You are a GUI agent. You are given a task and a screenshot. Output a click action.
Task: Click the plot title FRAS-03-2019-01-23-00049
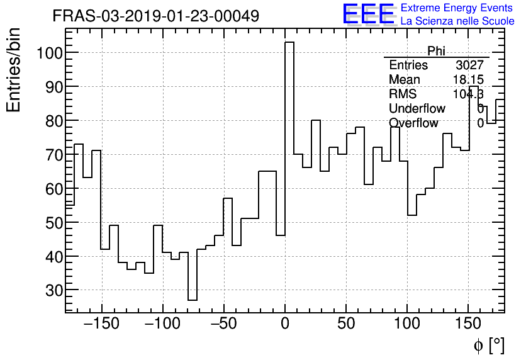(x=155, y=16)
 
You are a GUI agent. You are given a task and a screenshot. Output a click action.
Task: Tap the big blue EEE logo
(x=368, y=14)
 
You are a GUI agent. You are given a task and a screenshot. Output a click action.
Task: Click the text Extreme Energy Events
(x=457, y=8)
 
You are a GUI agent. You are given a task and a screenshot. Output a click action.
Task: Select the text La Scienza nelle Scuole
(x=457, y=21)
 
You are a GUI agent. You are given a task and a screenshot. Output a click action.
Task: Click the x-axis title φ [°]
(x=488, y=345)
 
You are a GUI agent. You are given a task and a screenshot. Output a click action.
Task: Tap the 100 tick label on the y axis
(x=49, y=53)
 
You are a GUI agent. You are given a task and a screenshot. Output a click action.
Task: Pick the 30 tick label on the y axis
(x=54, y=291)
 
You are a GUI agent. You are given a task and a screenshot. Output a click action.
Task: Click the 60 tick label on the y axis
(x=54, y=189)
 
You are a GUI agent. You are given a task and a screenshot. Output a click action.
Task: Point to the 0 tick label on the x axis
(x=285, y=325)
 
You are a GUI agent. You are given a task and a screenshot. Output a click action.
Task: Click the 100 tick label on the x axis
(x=407, y=325)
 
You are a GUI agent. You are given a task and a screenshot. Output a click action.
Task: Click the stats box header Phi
(x=436, y=51)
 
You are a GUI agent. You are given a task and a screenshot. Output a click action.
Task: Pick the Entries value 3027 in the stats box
(x=469, y=65)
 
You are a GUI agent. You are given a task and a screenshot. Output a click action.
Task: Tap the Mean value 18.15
(x=467, y=80)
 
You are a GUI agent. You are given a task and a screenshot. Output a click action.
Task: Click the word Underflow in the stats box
(x=417, y=109)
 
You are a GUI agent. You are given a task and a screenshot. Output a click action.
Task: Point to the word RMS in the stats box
(x=403, y=94)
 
